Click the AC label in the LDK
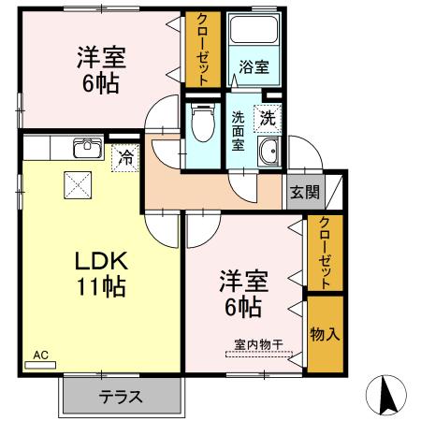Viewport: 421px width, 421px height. [39, 356]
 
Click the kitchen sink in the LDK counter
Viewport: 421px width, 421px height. [88, 149]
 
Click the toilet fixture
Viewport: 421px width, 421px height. [199, 123]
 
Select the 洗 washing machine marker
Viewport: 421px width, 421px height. [268, 119]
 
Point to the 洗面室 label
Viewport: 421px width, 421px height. [238, 132]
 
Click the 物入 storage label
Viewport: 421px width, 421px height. [324, 334]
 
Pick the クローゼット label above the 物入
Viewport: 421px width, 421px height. [324, 253]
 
